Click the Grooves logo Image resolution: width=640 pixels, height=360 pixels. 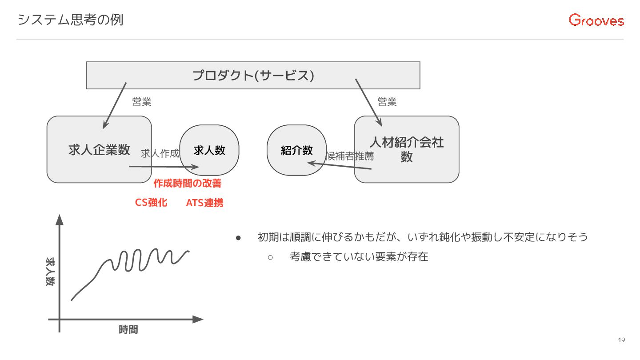click(x=596, y=20)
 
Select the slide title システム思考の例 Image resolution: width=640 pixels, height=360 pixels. click(x=70, y=20)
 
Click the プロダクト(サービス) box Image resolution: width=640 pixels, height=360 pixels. click(x=253, y=76)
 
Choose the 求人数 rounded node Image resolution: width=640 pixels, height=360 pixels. click(x=209, y=150)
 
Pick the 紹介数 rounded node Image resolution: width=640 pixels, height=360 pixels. click(x=296, y=150)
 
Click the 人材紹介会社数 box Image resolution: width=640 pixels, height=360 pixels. click(x=406, y=149)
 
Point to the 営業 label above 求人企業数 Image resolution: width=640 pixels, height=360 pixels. click(x=142, y=102)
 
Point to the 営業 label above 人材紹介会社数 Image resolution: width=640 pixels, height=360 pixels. click(x=387, y=102)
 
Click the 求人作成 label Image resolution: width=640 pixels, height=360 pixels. click(x=160, y=154)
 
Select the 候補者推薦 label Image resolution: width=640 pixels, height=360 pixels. click(x=350, y=156)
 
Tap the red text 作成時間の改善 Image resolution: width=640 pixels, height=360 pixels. click(x=187, y=183)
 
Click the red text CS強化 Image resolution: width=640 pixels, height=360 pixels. click(x=151, y=203)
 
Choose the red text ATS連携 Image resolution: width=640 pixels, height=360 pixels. click(x=204, y=203)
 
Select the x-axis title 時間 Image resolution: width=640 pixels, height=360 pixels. click(x=128, y=330)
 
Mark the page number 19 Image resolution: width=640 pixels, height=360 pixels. click(x=621, y=340)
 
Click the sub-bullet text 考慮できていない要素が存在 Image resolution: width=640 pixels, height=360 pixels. click(x=359, y=257)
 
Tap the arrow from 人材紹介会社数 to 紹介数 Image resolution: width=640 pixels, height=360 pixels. click(x=340, y=166)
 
